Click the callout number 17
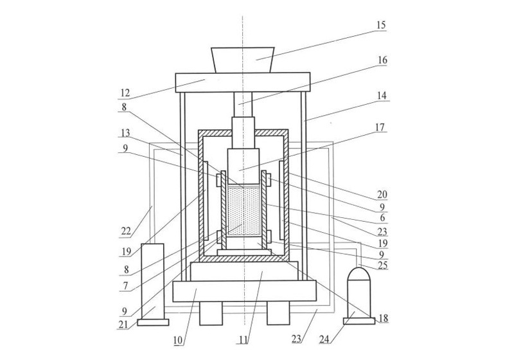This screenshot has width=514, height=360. [x=381, y=128]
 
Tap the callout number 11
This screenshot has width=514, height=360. [x=245, y=336]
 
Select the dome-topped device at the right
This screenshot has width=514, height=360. [x=359, y=293]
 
